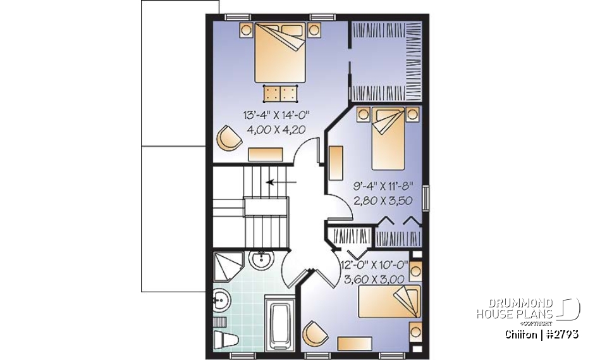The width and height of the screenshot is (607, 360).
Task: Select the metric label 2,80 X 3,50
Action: pos(382,202)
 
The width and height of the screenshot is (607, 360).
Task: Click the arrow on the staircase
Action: pos(281,183)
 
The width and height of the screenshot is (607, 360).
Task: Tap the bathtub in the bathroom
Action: pos(280,324)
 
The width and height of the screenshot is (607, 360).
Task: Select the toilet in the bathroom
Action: pos(224,340)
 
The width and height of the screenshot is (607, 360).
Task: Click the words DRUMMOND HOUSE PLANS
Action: pos(515,309)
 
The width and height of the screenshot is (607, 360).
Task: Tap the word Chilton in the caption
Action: pos(522,333)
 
